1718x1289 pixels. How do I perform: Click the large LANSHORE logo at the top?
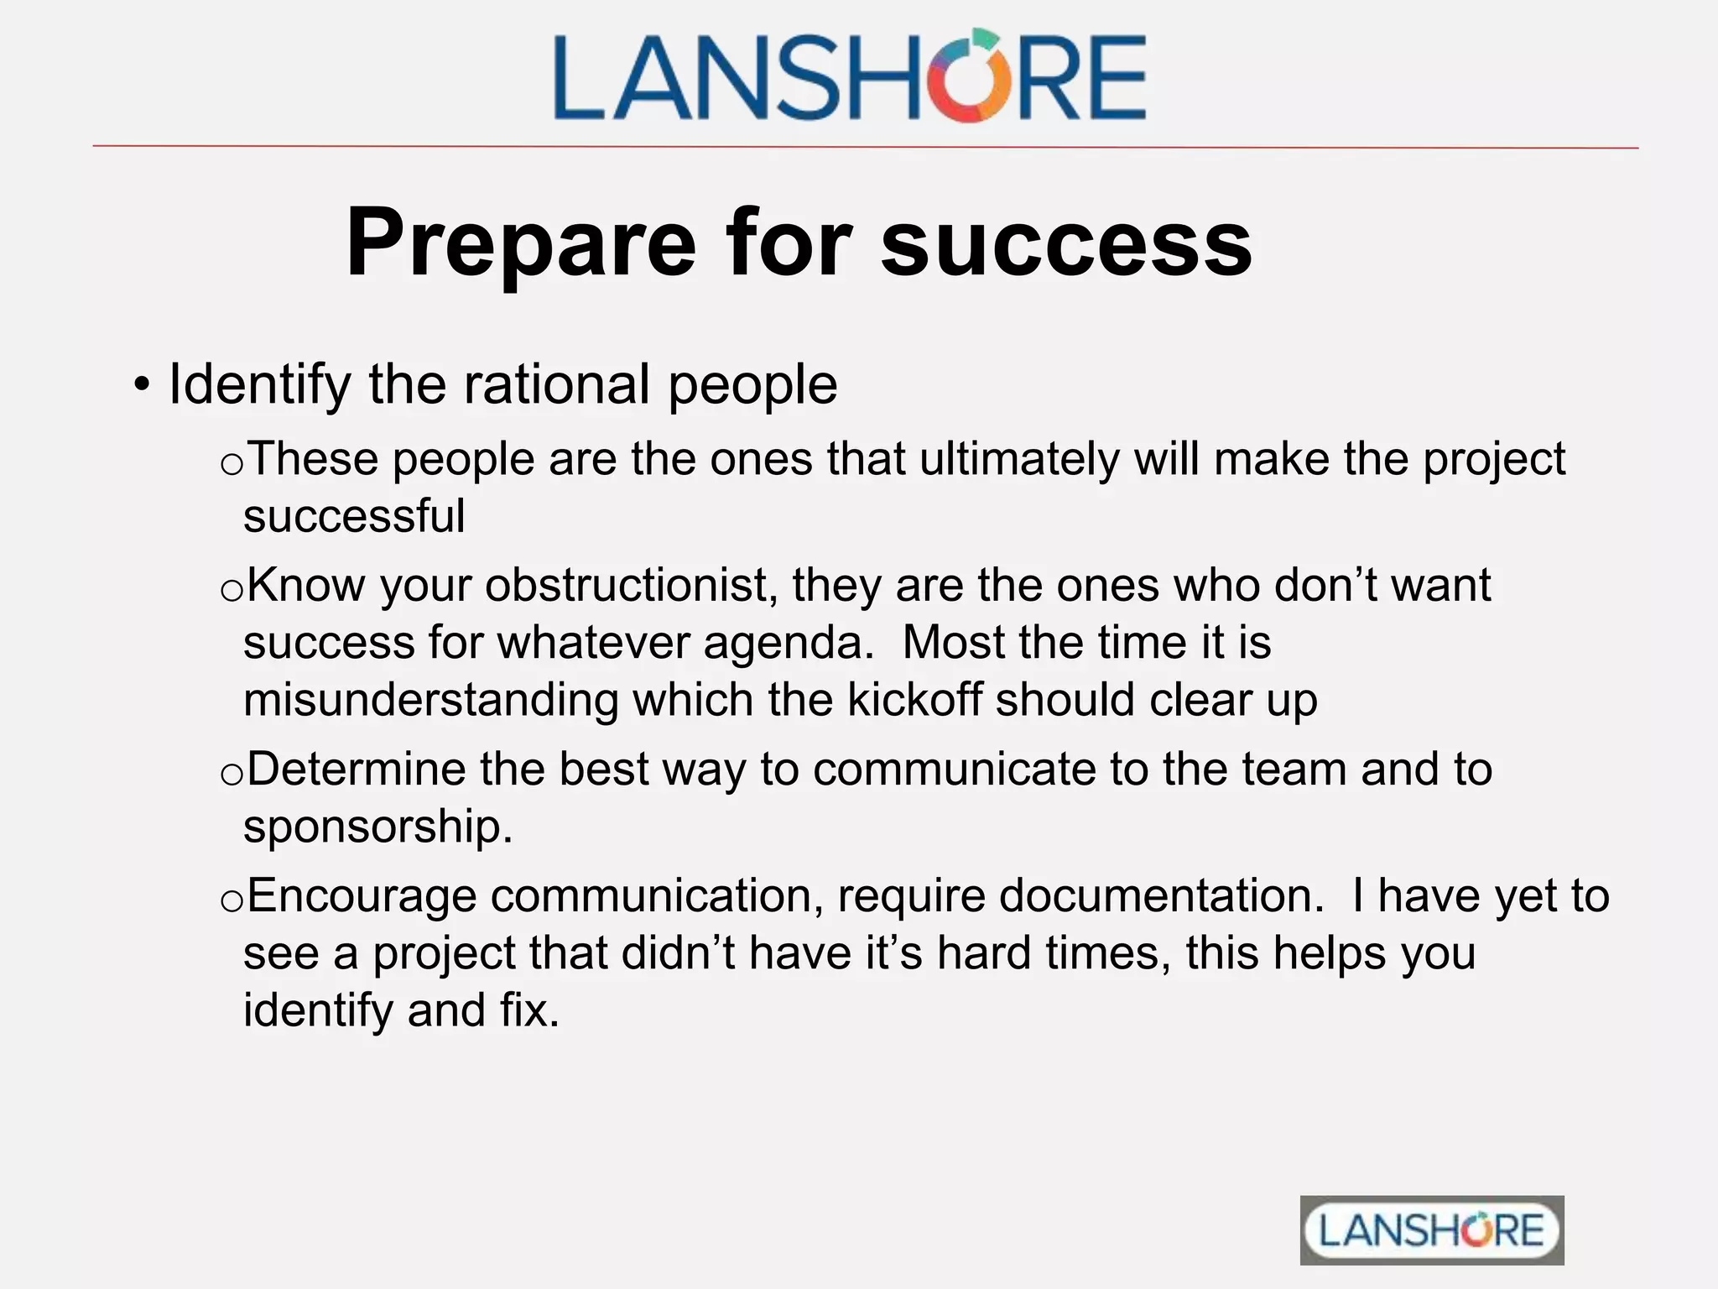point(849,76)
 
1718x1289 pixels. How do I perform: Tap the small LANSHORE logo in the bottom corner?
point(1431,1230)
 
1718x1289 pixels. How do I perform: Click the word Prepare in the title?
point(520,243)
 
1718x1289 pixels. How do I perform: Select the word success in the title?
point(1065,243)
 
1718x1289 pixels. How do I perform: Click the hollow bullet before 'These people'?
point(231,464)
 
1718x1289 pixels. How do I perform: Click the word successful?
point(354,516)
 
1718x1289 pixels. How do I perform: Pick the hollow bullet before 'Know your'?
point(231,590)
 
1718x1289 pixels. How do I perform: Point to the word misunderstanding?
point(430,700)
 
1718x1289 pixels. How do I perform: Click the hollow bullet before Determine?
point(231,775)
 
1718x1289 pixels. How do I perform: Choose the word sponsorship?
point(377,827)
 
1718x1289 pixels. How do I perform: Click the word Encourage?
point(362,895)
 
